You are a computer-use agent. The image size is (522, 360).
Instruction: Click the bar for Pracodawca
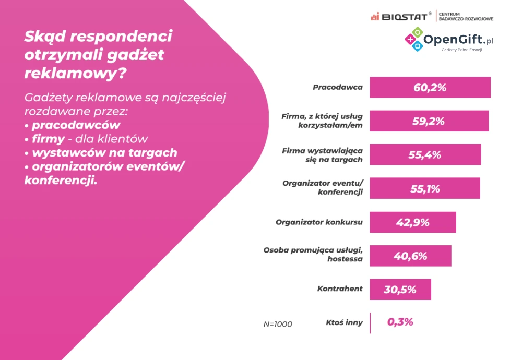coord(430,87)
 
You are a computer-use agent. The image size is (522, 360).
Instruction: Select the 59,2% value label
coord(429,121)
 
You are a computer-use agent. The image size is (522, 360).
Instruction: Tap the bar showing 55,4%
coord(425,155)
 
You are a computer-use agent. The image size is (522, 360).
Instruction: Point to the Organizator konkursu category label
coord(319,222)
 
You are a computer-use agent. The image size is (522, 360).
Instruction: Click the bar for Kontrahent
coord(400,290)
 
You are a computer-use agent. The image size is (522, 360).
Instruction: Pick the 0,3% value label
coord(400,322)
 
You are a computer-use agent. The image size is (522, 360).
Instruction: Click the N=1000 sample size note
coord(278,324)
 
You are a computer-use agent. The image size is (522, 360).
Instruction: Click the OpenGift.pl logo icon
coord(416,40)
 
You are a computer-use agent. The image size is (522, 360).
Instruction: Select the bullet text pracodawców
coord(76,126)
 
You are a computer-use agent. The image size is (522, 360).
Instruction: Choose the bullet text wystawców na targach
coord(104,153)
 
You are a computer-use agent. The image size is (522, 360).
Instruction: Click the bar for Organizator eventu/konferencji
coord(425,188)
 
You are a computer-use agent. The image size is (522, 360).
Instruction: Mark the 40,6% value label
coord(410,256)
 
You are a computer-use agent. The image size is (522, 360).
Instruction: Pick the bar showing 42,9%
coord(413,222)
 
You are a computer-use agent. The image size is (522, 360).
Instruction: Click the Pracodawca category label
coord(337,87)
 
